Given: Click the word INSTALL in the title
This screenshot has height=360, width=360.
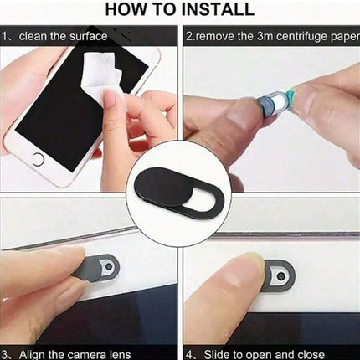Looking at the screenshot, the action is tap(218, 9).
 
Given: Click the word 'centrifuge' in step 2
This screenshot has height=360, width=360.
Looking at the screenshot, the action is tap(301, 37).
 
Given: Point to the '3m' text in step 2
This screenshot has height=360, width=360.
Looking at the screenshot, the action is tap(265, 36).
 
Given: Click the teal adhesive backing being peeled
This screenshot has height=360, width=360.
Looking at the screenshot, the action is tap(291, 97).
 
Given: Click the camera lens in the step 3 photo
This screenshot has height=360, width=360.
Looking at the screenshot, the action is tap(110, 267).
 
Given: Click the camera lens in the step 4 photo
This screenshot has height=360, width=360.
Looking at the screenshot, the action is tap(281, 276).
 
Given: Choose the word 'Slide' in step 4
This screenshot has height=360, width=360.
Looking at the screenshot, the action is tap(218, 354).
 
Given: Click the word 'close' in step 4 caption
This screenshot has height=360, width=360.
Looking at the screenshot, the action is tap(311, 354).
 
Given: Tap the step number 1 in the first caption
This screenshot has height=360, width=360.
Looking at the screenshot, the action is tap(5, 36).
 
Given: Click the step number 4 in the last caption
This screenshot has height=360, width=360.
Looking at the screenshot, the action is tap(190, 355).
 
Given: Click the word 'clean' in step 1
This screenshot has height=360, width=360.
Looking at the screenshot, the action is tap(33, 36).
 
